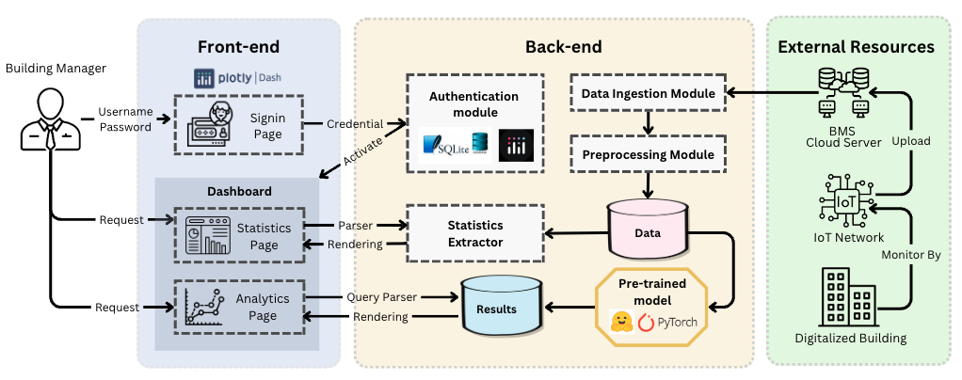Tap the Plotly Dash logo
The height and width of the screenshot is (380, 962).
(x=239, y=79)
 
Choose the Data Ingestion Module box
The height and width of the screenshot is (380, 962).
(x=648, y=93)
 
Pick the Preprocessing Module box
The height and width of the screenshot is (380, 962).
(x=648, y=153)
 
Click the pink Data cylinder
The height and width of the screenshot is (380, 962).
(x=649, y=230)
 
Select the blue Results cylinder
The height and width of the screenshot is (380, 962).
(x=500, y=305)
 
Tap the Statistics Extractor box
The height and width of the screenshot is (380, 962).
(x=475, y=234)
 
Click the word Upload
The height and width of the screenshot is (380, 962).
(x=910, y=141)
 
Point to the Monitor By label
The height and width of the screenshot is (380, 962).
(x=909, y=254)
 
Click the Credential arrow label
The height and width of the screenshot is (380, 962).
(x=355, y=123)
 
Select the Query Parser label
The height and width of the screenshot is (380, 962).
(x=381, y=297)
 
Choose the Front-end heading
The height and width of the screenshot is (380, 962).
(x=238, y=47)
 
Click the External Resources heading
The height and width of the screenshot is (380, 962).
(x=856, y=47)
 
